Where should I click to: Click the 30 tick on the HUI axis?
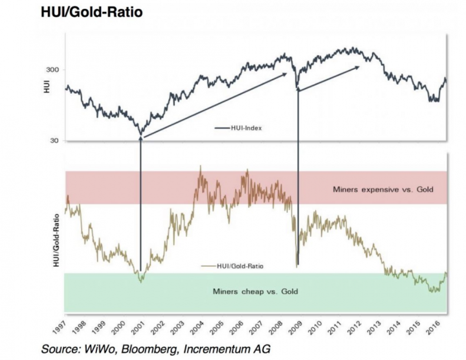click(x=54, y=141)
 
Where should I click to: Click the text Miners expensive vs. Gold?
click(x=382, y=189)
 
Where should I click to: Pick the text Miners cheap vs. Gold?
click(x=257, y=291)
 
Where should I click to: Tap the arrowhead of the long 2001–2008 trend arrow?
click(x=285, y=74)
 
